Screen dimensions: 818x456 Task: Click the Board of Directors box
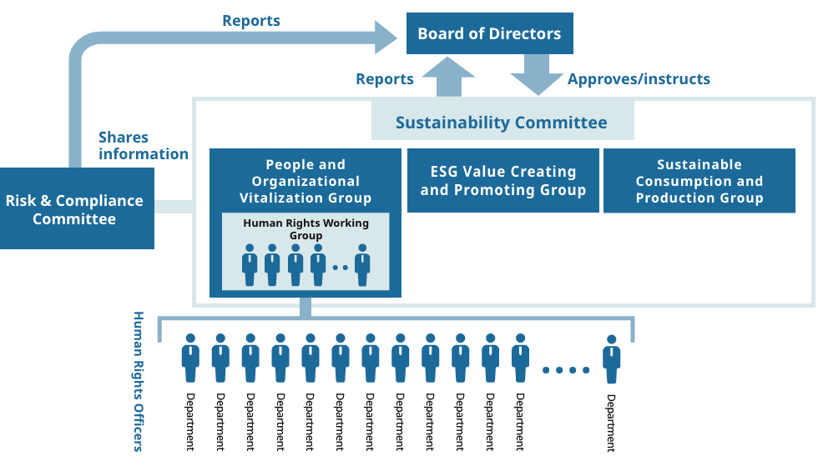[489, 33]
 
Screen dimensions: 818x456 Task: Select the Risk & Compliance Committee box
[77, 208]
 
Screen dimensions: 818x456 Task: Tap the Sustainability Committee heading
[502, 123]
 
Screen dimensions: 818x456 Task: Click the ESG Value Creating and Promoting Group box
[502, 180]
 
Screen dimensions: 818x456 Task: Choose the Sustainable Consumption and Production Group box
[699, 180]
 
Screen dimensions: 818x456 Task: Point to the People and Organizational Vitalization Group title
[305, 181]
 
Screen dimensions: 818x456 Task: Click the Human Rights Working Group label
[305, 228]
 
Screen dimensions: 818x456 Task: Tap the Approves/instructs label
[639, 78]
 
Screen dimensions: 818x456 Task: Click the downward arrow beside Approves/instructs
[537, 74]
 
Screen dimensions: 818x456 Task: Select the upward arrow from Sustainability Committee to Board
[449, 77]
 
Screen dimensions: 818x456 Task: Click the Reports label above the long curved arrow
[251, 21]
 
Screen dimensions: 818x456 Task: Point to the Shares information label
[143, 145]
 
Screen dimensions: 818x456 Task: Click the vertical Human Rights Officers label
[139, 382]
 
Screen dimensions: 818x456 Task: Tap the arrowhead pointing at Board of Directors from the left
[386, 37]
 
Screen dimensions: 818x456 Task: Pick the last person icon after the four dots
[611, 359]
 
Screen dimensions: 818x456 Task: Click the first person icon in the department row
[190, 358]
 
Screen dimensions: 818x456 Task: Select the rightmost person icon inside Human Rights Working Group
[362, 265]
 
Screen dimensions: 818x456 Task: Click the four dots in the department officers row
[566, 370]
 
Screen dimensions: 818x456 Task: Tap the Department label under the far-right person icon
[611, 423]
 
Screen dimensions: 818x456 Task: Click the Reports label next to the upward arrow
[385, 79]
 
